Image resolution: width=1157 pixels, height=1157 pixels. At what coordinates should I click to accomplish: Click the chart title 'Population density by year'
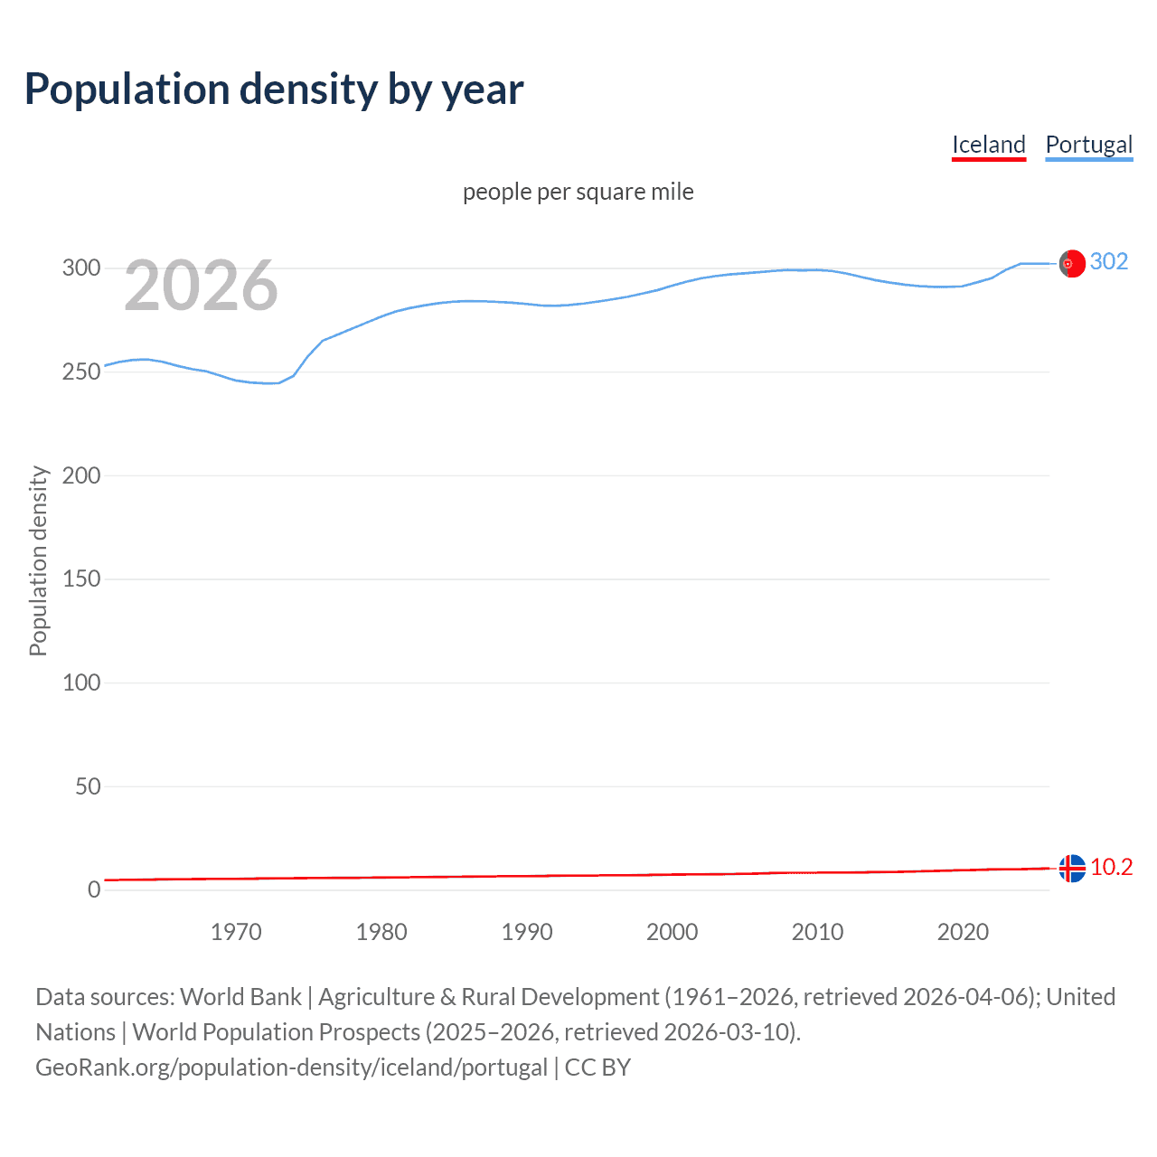tap(274, 89)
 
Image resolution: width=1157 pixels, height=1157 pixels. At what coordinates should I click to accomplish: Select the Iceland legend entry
tap(988, 145)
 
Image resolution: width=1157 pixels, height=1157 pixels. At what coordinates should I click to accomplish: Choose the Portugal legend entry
tap(1088, 145)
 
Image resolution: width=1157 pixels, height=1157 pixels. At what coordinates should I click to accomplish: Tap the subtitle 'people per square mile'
tap(578, 192)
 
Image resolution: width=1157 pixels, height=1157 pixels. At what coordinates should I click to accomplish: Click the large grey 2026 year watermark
tap(201, 287)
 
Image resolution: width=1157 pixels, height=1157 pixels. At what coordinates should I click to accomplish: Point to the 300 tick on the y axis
tap(81, 268)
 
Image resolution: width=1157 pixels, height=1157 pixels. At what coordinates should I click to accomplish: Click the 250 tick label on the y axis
tap(81, 372)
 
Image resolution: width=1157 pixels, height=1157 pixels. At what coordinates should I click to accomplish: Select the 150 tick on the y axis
tap(81, 579)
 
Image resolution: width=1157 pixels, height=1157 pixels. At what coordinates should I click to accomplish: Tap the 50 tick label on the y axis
tap(88, 786)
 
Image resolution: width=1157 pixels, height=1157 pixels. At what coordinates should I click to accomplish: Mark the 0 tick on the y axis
tap(94, 890)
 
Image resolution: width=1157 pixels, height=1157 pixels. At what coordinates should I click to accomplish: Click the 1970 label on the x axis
tap(236, 932)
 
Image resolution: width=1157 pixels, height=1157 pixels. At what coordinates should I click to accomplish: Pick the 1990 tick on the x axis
tap(527, 932)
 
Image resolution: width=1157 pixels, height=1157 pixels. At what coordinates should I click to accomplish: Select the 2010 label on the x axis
tap(817, 932)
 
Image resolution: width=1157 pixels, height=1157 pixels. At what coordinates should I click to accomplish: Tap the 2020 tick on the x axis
tap(963, 932)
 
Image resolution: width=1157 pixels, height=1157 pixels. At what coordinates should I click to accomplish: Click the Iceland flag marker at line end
tap(1071, 868)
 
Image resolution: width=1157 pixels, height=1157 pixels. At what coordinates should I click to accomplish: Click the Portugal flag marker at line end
tap(1071, 263)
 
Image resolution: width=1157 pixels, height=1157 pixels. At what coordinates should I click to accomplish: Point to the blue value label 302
tap(1109, 262)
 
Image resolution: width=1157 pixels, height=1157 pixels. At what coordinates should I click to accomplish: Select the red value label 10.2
tap(1111, 868)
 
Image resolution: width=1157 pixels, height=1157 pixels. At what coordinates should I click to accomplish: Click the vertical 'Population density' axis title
tap(38, 560)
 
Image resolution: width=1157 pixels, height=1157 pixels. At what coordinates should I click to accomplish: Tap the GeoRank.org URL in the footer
tap(291, 1068)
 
